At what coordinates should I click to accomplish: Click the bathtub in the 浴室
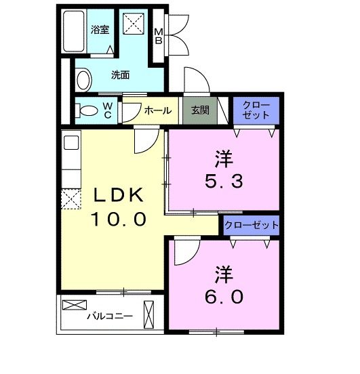74,31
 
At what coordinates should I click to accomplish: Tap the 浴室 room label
100,30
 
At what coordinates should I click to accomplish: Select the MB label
158,37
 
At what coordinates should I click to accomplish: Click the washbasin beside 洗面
84,80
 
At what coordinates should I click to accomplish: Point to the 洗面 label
120,75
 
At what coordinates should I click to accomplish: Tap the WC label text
108,110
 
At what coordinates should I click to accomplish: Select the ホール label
158,110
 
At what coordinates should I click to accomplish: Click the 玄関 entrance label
200,110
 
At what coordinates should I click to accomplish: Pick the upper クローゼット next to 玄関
256,110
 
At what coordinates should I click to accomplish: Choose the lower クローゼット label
252,225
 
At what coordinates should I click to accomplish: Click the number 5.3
224,181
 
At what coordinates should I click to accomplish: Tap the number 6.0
224,297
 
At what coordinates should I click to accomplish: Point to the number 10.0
119,220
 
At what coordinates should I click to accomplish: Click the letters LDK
119,195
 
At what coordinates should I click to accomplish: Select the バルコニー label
110,316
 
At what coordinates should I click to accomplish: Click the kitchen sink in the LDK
71,143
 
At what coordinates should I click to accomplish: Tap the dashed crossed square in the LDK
71,199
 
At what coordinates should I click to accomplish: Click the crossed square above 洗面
134,23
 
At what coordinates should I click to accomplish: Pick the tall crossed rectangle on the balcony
148,314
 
